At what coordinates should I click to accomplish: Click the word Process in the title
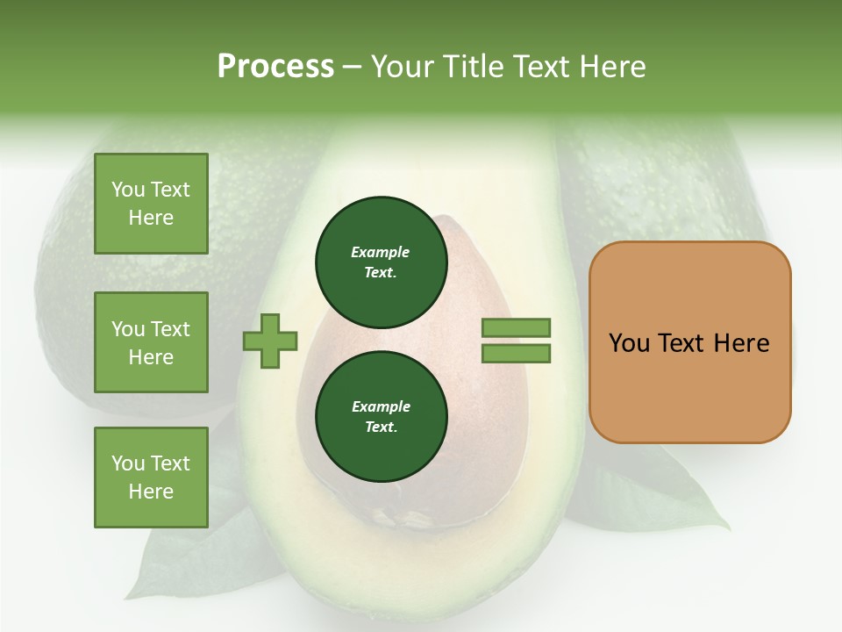tap(275, 66)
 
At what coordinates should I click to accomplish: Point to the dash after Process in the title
tap(352, 68)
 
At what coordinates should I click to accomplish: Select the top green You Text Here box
tap(151, 204)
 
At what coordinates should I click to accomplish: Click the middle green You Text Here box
tap(151, 342)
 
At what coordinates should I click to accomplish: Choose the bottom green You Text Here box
tap(151, 478)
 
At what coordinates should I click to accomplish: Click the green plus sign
tap(270, 341)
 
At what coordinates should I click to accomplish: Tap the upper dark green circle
tap(381, 262)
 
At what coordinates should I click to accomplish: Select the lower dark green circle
tap(381, 417)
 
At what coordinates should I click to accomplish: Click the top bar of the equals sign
tap(516, 328)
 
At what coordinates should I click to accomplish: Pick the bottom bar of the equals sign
tap(516, 354)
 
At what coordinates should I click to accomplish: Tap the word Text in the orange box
tap(683, 343)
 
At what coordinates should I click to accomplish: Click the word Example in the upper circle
tap(381, 252)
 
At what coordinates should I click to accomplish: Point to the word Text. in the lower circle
tap(381, 427)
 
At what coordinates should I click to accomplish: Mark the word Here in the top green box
tap(151, 218)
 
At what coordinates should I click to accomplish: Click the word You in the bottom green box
tap(128, 463)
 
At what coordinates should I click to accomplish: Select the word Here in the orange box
tap(741, 343)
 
